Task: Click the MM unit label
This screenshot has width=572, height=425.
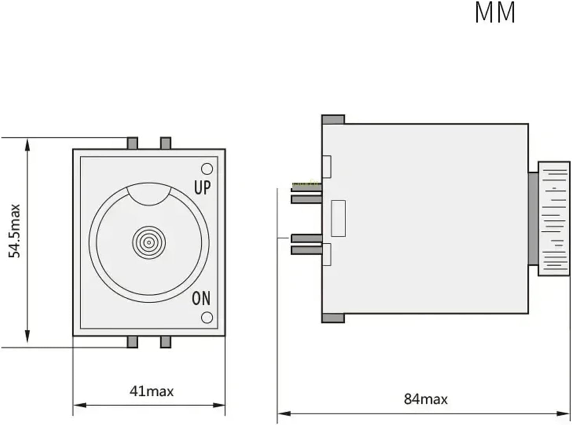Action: point(495,13)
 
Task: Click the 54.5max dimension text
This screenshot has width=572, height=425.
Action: point(15,231)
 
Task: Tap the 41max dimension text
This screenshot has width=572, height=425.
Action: point(151,391)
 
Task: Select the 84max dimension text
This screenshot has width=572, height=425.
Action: point(426,399)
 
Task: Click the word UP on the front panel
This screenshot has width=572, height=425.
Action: point(202,188)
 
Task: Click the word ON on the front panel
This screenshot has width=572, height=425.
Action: point(201,299)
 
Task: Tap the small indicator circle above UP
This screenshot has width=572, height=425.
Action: point(207,169)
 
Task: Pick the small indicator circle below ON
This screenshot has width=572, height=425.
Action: point(207,317)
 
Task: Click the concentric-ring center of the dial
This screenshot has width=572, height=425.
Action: point(149,243)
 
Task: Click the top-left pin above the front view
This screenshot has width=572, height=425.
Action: point(132,143)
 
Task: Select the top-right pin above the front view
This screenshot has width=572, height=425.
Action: point(166,143)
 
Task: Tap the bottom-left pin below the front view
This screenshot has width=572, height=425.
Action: point(132,342)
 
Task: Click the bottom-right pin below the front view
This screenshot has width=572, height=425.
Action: point(166,342)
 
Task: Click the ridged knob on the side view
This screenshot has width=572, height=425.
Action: point(553,218)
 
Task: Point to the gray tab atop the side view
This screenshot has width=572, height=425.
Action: point(333,119)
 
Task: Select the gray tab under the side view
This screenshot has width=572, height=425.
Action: point(333,318)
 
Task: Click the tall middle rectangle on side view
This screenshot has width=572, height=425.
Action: point(338,218)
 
